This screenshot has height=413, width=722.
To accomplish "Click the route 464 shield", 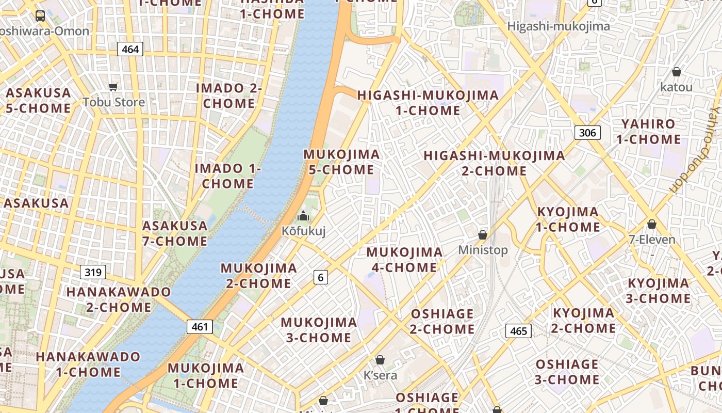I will tap(130, 49).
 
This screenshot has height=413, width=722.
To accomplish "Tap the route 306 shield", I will tap(587, 133).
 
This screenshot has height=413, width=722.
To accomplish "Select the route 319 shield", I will tap(93, 272).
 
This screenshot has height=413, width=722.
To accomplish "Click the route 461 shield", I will tap(200, 326).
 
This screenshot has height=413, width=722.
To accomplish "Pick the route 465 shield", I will tap(518, 330).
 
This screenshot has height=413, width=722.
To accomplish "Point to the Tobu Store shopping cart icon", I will tap(113, 87).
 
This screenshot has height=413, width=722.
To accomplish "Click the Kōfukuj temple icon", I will tap(303, 215).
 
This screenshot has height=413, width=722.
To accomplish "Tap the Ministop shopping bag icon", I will tap(483, 235).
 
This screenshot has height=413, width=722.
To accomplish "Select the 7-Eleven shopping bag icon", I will tap(652, 224).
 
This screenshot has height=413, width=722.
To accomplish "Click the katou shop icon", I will tap(676, 72).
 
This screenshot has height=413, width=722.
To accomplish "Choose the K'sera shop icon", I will tap(380, 360).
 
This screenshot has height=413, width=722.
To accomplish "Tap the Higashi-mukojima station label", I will tap(559, 26).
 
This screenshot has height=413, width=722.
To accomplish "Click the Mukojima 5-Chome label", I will tap(341, 162).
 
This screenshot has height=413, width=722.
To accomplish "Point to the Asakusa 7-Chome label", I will tap(175, 233).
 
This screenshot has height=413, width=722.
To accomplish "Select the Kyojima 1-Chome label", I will tap(568, 219).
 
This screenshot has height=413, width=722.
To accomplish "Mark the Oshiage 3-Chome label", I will tap(567, 372).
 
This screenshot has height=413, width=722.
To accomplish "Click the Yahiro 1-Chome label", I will tap(648, 132).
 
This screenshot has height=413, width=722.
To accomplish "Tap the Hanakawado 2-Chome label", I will tap(119, 299).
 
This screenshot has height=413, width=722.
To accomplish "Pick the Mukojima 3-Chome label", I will tap(319, 330).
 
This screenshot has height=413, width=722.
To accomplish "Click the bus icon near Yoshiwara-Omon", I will tap(40, 15).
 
